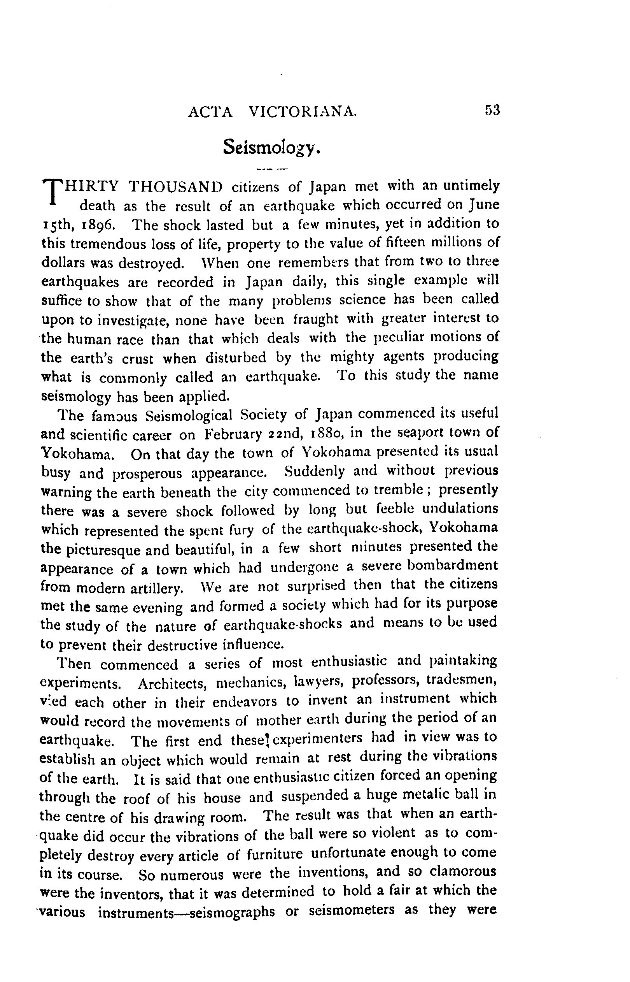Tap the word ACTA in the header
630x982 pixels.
pos(210,112)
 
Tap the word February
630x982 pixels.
pos(233,434)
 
